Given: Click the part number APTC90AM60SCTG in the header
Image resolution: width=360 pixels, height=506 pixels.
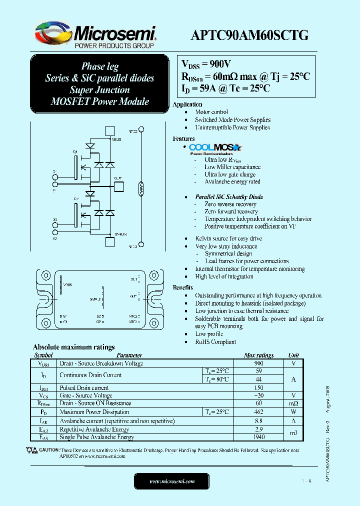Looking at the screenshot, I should [249, 34].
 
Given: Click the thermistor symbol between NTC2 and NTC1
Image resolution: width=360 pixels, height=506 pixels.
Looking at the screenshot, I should [141, 189].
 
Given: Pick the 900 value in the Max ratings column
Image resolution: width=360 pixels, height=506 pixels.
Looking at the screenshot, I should [258, 363].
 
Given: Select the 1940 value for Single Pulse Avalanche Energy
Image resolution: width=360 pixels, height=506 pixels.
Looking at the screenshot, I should [258, 437].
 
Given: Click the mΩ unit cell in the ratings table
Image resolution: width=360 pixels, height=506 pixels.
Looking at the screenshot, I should [293, 403].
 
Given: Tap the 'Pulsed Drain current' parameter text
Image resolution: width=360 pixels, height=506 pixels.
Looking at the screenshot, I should [84, 387].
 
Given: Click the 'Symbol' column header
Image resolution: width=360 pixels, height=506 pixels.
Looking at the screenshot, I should [43, 355].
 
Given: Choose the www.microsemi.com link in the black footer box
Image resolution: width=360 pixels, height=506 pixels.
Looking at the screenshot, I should [172, 481].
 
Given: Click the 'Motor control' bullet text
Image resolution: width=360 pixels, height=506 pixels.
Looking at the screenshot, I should [211, 112].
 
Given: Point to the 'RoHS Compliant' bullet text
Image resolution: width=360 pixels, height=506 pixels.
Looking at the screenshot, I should [215, 342].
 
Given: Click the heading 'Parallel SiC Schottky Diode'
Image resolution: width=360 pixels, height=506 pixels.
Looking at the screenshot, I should [229, 197].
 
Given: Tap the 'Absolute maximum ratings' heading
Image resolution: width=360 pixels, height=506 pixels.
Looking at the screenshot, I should [73, 347].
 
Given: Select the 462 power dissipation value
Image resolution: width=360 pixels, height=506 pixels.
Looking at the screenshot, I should [258, 412].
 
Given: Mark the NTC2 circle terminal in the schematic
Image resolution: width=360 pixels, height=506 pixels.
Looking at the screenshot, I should [141, 131].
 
